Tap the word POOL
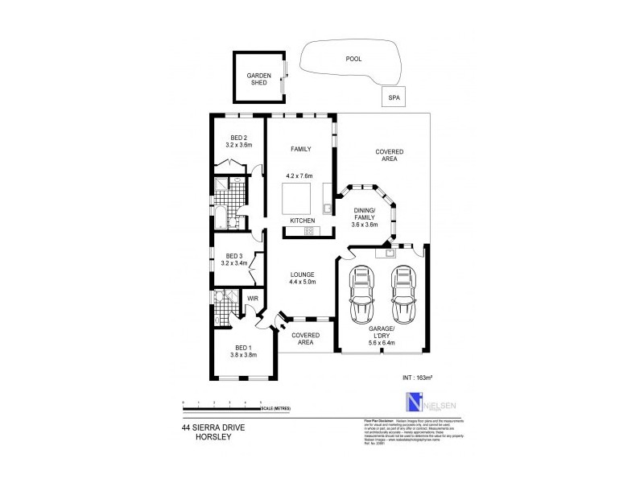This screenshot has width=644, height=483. click(353, 59)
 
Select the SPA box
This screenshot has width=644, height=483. click(394, 97)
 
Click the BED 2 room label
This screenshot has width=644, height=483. click(238, 137)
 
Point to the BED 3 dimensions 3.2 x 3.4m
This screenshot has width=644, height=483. click(238, 263)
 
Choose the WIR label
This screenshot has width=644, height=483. click(252, 299)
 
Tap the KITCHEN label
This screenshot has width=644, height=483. click(302, 221)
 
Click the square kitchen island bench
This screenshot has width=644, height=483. click(295, 196)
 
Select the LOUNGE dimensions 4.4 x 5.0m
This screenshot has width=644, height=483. click(303, 282)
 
